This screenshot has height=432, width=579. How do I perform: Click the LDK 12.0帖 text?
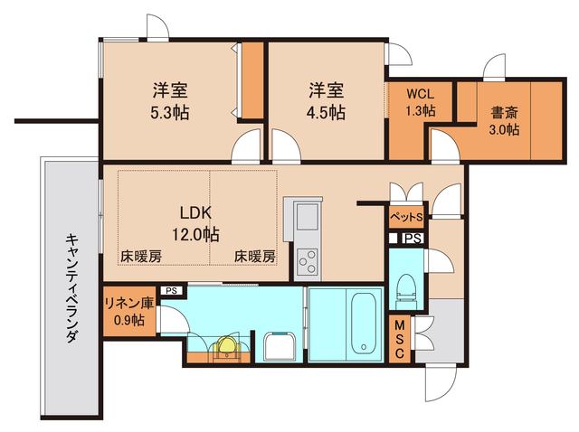[x=197, y=224]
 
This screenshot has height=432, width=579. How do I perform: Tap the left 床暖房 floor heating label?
[x=140, y=257]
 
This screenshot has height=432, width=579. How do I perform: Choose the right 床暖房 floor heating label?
[x=254, y=257]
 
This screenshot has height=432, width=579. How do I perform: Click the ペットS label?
[x=406, y=218]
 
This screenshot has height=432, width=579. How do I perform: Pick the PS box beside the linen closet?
[x=171, y=291]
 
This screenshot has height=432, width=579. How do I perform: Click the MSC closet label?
[x=399, y=340]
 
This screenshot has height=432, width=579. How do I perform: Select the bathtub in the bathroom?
[x=361, y=323]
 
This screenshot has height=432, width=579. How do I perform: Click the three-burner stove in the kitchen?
[x=307, y=261]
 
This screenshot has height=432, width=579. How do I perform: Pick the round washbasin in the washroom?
[x=225, y=347]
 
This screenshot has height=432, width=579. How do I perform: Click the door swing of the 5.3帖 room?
[x=244, y=145]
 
